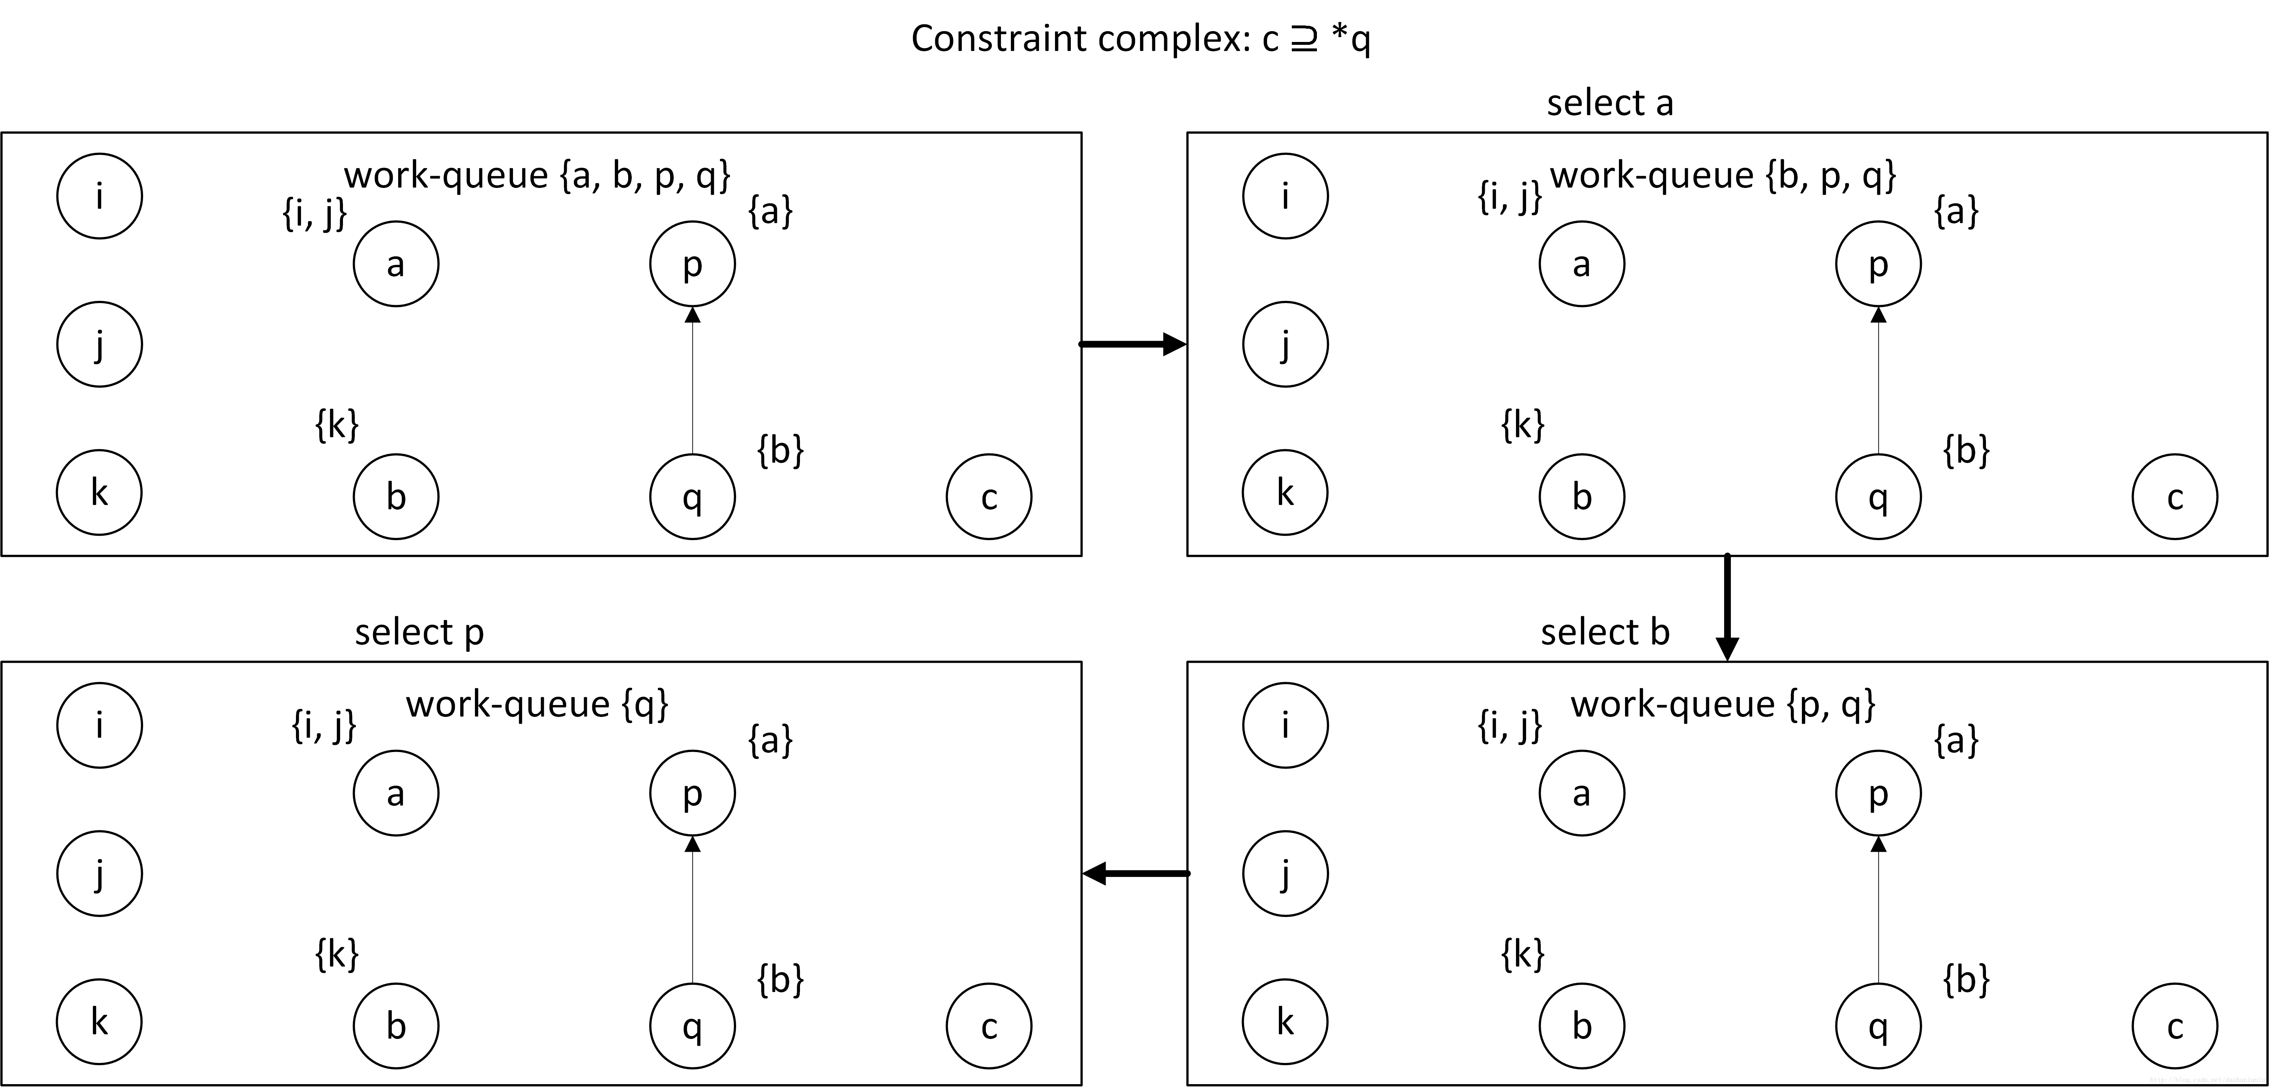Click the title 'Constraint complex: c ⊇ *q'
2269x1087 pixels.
[x=1141, y=39]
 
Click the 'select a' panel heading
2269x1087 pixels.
[x=1609, y=103]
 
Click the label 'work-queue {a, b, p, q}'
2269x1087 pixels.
[x=537, y=175]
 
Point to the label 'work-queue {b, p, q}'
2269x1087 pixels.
[x=1723, y=175]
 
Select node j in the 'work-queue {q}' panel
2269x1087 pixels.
[x=99, y=874]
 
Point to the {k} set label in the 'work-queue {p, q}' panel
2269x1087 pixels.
[x=1523, y=954]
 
